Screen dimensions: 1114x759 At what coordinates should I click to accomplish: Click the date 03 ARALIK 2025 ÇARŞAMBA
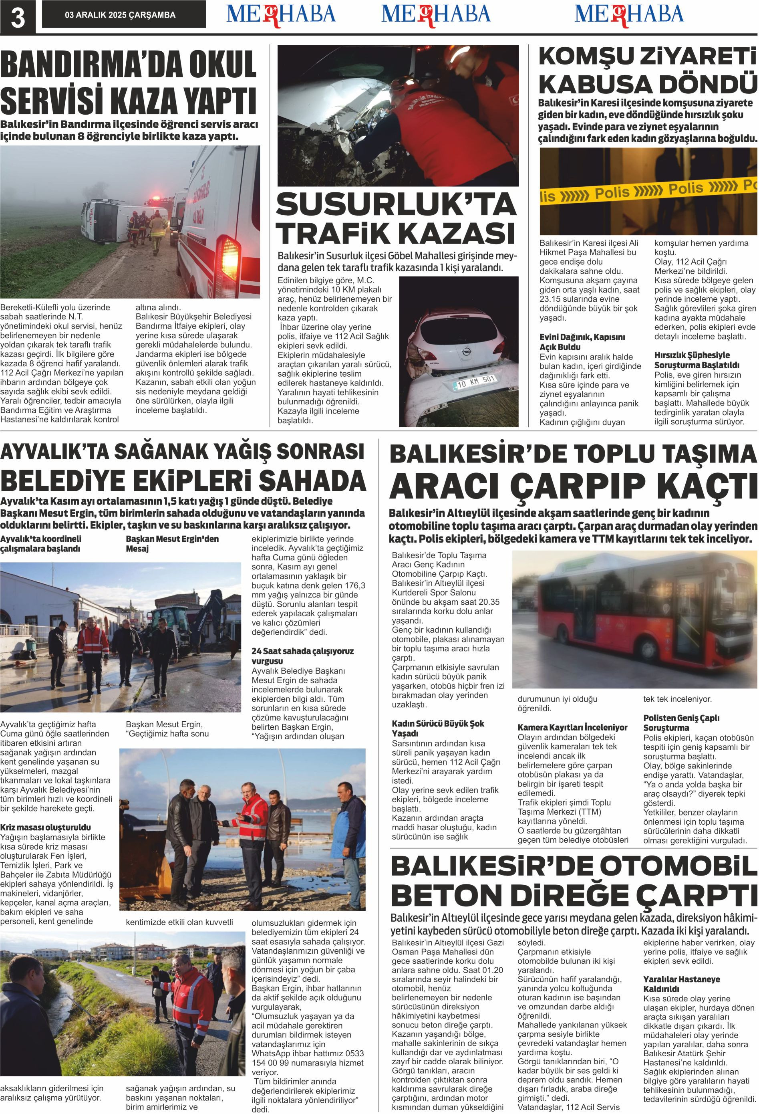(x=120, y=15)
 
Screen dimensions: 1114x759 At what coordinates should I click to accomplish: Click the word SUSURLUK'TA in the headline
(x=396, y=205)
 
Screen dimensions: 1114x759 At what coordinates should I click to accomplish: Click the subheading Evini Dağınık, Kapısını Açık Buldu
(x=582, y=342)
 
